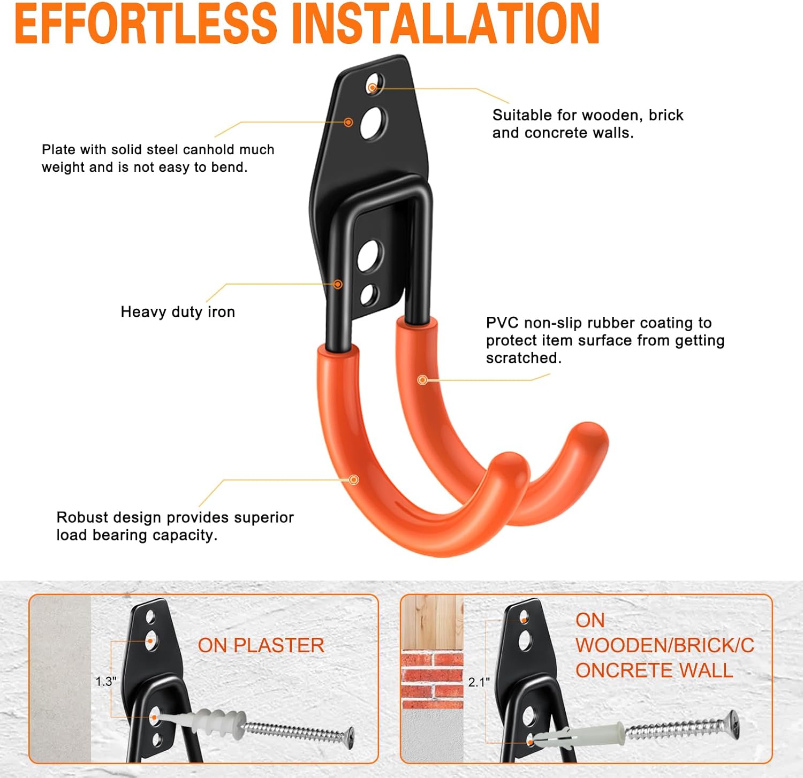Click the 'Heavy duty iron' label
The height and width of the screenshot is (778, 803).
tap(178, 312)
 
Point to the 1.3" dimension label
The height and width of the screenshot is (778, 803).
tap(105, 681)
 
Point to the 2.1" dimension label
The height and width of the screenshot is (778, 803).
tap(479, 682)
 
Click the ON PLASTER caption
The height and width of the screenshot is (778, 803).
tap(261, 645)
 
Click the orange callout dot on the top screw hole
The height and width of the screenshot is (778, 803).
tap(372, 88)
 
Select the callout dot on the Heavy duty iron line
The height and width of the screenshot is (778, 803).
tap(338, 284)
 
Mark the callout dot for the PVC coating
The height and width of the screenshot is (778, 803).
tap(422, 380)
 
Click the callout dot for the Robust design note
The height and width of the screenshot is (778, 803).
tap(353, 479)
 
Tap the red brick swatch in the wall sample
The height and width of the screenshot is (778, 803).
tap(432, 676)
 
